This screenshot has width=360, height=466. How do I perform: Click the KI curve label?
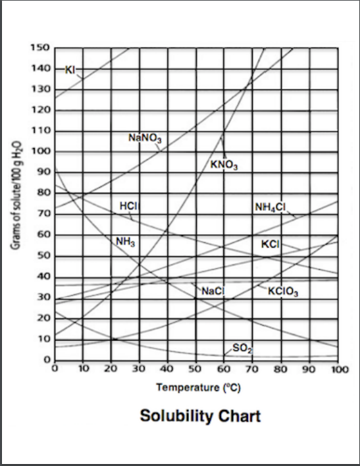[71, 69]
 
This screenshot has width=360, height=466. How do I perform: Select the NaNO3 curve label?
[145, 138]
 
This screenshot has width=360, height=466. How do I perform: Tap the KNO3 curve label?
[224, 164]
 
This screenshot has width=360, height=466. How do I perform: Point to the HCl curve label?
[128, 206]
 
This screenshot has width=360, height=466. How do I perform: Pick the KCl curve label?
[271, 244]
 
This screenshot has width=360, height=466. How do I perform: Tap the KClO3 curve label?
[284, 292]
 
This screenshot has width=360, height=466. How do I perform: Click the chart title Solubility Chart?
[200, 416]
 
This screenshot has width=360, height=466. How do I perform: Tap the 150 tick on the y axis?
[40, 48]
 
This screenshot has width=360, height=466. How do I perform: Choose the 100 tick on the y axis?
[40, 152]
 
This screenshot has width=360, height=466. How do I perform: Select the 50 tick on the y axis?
[43, 256]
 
